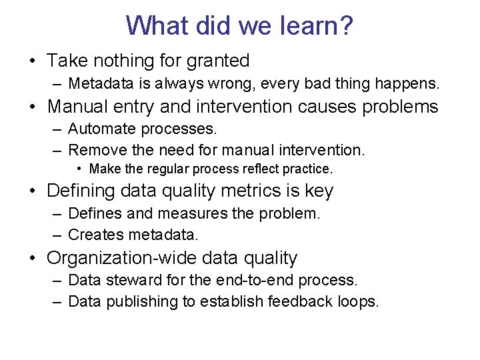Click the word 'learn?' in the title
[315, 26]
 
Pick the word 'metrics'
[250, 191]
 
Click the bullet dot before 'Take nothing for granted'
[32, 62]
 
